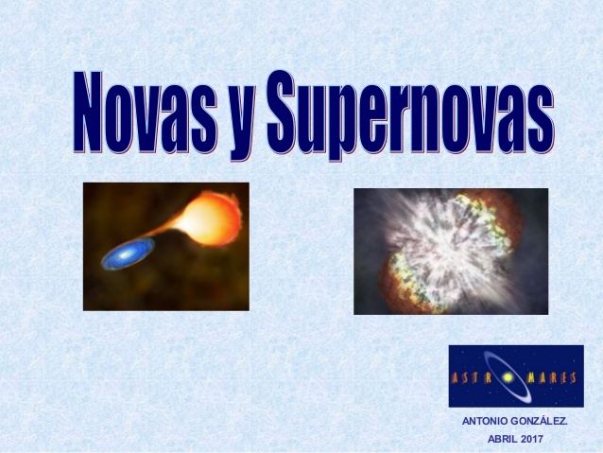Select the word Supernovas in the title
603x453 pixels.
[407, 113]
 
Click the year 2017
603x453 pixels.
[533, 438]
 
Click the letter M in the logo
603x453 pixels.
[531, 376]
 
